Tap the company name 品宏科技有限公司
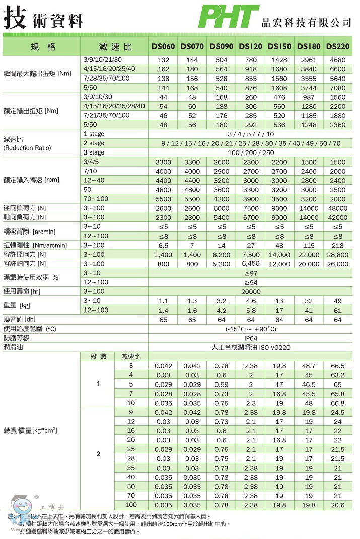[306, 23]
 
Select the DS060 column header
[163, 47]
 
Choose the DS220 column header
[337, 47]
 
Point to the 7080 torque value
[337, 88]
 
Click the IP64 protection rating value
[251, 338]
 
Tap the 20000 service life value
[251, 292]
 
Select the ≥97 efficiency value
[251, 273]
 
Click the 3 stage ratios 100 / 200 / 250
[251, 152]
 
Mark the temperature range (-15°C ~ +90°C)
[251, 329]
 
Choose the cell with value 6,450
[251, 263]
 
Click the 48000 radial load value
[337, 208]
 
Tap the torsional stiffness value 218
[337, 245]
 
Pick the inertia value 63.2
[337, 375]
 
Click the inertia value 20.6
[337, 505]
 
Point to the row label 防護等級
[17, 338]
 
